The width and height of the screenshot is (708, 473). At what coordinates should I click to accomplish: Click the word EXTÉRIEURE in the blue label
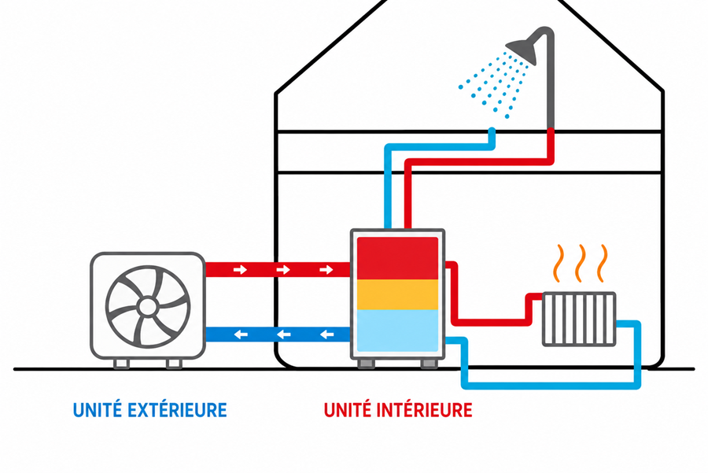click(177, 409)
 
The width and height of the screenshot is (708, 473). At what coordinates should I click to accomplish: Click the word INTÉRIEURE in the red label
click(424, 409)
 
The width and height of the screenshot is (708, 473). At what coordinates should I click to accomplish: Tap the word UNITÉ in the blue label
click(98, 409)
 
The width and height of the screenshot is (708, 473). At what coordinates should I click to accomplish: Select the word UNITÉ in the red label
click(348, 409)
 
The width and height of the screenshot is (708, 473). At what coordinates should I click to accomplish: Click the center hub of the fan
click(148, 307)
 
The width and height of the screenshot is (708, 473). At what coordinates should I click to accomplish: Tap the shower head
click(522, 50)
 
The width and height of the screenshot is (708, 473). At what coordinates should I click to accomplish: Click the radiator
click(579, 319)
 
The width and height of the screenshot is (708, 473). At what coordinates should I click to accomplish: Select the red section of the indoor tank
click(397, 258)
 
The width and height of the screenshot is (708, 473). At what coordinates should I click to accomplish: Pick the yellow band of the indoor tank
click(397, 294)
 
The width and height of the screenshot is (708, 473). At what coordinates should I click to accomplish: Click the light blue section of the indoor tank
click(397, 331)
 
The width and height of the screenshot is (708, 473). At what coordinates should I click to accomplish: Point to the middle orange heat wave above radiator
click(581, 264)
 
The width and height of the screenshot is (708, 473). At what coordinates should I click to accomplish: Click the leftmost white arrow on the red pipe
click(240, 270)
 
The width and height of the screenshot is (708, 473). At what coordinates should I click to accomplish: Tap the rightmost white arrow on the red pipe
click(326, 270)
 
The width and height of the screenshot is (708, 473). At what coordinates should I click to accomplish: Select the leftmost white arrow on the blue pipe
click(241, 334)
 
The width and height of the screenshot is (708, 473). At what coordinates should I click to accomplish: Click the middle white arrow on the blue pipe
click(283, 334)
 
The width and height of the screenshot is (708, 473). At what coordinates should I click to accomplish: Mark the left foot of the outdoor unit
click(121, 364)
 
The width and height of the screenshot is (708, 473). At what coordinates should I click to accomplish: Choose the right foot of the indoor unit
click(429, 364)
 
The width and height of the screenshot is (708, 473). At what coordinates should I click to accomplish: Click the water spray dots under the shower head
click(493, 84)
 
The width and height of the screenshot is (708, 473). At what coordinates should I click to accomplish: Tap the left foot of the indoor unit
click(366, 364)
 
